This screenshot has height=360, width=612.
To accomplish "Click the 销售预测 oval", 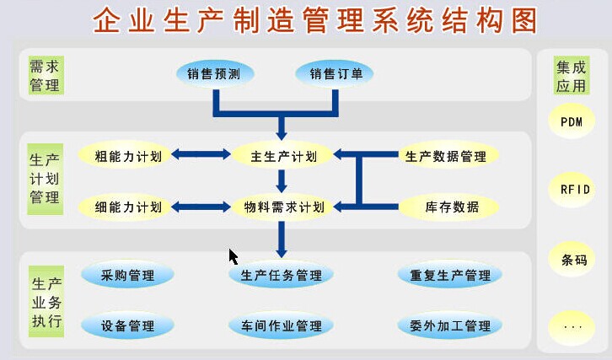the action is (215, 73).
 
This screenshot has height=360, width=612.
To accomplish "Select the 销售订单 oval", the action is (335, 73).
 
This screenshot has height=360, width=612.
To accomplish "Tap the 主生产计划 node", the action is (282, 156).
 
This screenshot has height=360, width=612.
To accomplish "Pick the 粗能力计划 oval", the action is (126, 156).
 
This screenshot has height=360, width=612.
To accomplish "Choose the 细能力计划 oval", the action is (126, 207).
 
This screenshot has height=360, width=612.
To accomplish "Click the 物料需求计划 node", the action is (282, 207).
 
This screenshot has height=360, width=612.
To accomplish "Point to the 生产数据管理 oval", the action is (446, 156).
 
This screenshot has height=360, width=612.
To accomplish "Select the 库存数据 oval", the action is (448, 207).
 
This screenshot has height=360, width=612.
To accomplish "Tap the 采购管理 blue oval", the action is (127, 275).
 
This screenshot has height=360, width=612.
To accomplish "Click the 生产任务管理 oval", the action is (281, 275).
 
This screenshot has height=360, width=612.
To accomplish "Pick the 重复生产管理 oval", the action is (449, 275).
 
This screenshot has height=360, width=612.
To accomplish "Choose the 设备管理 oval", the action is (127, 325).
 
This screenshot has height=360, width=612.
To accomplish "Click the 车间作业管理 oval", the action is (281, 325).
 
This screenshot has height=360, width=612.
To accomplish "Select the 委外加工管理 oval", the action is (449, 325).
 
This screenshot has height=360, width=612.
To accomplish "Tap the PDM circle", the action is (572, 121).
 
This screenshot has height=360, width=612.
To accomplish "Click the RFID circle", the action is (572, 190).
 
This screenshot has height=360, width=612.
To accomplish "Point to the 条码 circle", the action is (572, 260).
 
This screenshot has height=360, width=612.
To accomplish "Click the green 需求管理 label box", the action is (46, 75).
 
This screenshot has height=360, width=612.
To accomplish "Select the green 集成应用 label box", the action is (572, 75).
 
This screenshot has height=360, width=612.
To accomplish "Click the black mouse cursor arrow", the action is (233, 257).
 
